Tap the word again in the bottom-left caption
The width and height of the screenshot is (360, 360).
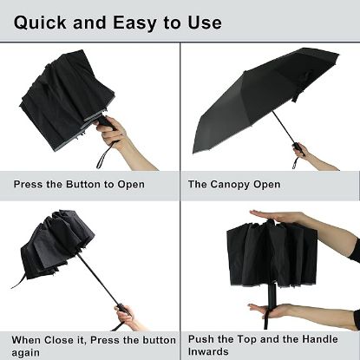click(x=26, y=352)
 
